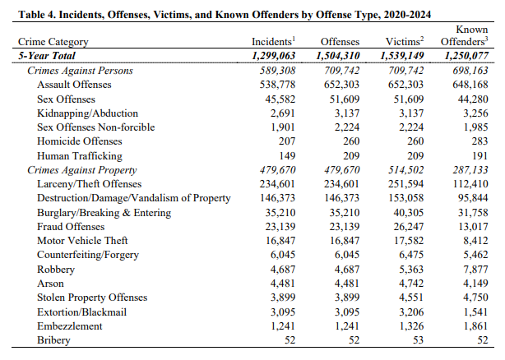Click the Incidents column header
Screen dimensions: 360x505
[273, 41]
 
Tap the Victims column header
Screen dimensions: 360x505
[404, 41]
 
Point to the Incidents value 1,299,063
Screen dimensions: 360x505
[268, 55]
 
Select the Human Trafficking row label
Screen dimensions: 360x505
[79, 155]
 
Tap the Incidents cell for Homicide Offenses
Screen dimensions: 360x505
[282, 141]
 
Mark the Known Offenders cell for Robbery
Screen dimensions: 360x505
[475, 269]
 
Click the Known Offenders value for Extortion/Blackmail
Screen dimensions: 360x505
[475, 312]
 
